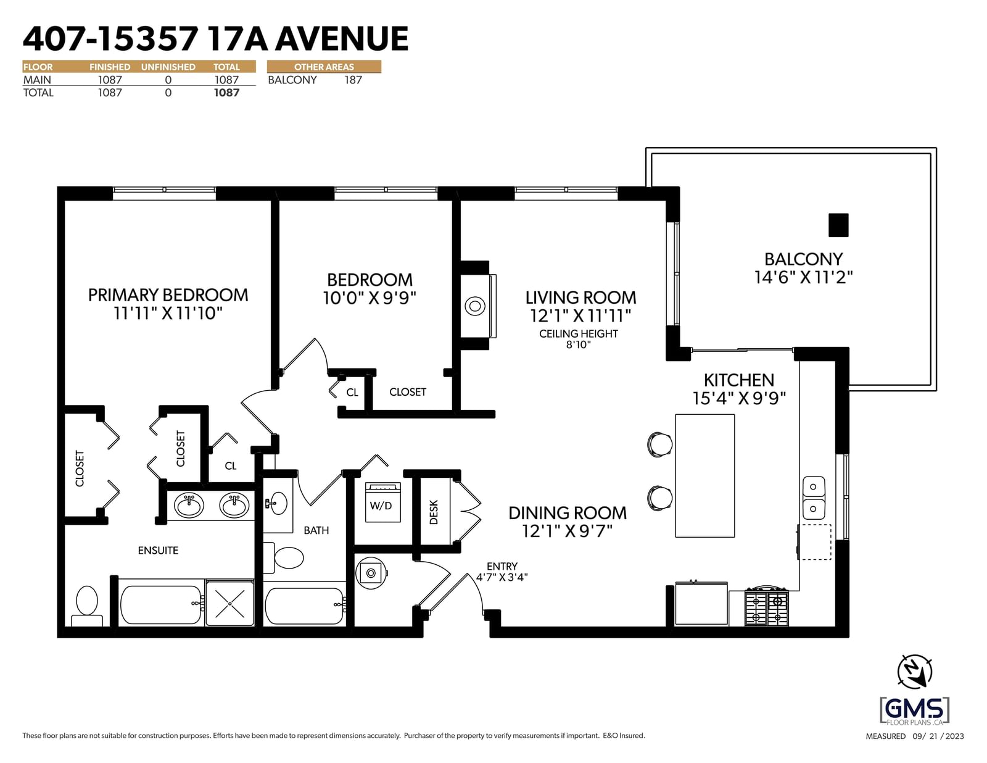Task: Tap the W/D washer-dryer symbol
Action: tap(383, 502)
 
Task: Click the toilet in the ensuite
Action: tap(87, 606)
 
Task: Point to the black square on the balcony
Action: tap(838, 225)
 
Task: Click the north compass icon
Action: tap(915, 671)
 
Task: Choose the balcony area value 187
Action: tap(353, 80)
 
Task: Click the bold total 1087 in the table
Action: tap(226, 93)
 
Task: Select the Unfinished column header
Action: tap(168, 67)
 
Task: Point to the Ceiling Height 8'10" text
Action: tap(578, 339)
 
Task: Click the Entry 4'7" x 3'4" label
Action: tap(502, 572)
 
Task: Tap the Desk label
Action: tap(434, 512)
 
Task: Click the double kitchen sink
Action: tap(814, 498)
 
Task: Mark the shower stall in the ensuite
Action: tap(230, 603)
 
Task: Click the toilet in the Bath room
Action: tap(283, 557)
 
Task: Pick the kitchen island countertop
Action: tap(704, 475)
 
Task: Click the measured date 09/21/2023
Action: tap(938, 736)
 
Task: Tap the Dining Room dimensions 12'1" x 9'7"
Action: tap(568, 531)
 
